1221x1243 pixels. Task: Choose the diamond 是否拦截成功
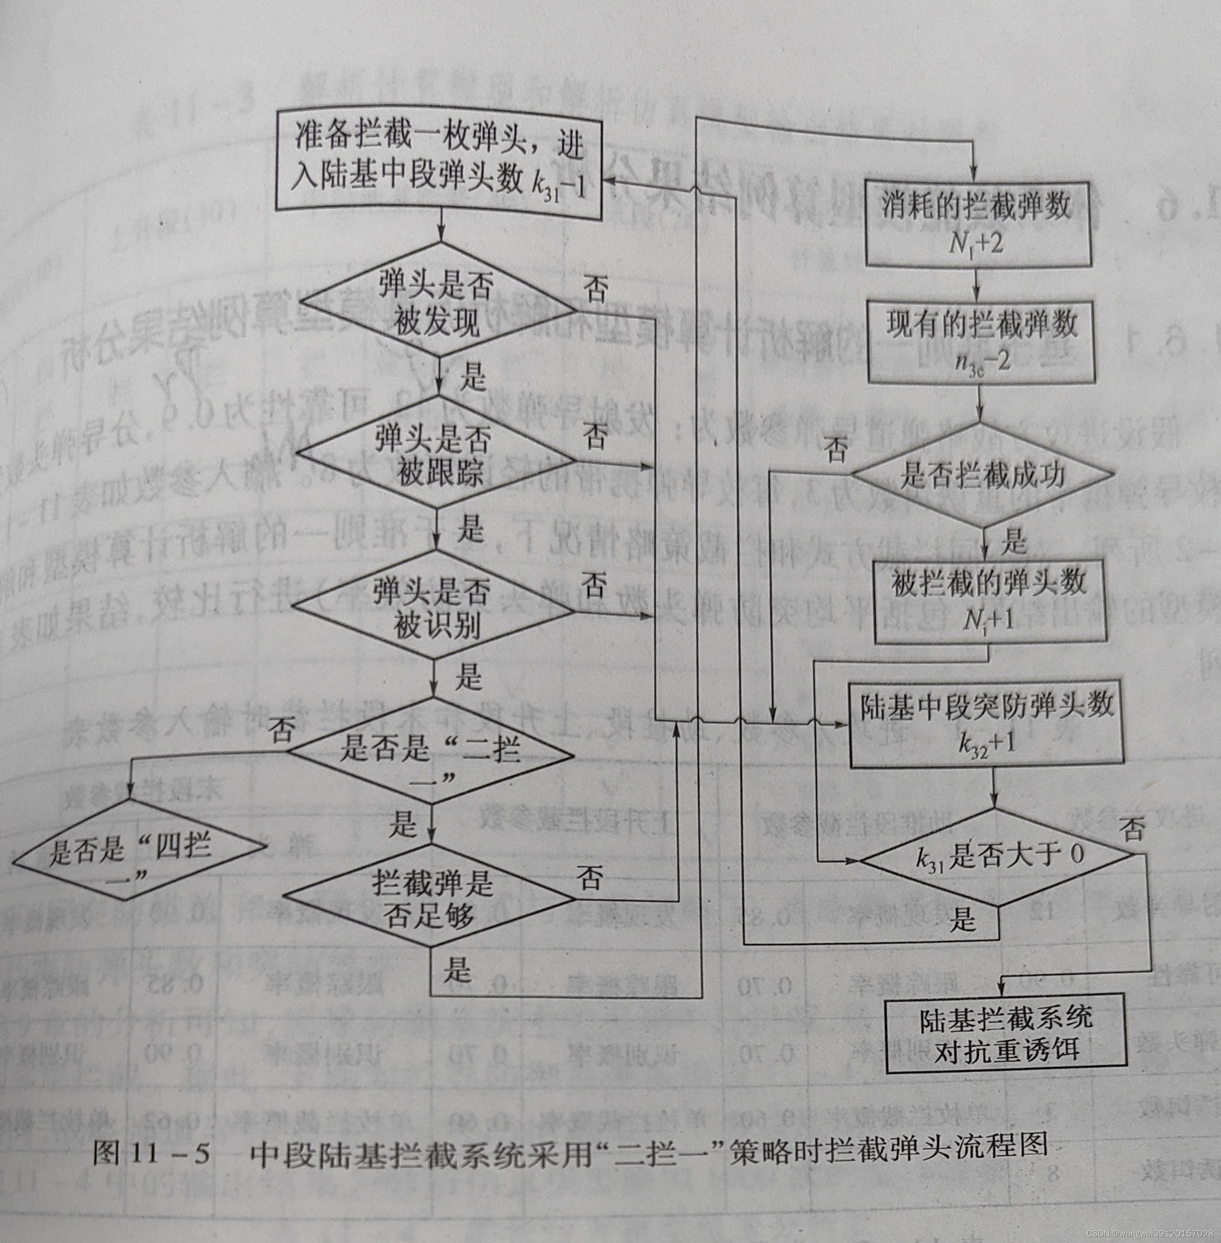click(982, 475)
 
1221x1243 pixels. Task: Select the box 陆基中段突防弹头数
click(986, 725)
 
